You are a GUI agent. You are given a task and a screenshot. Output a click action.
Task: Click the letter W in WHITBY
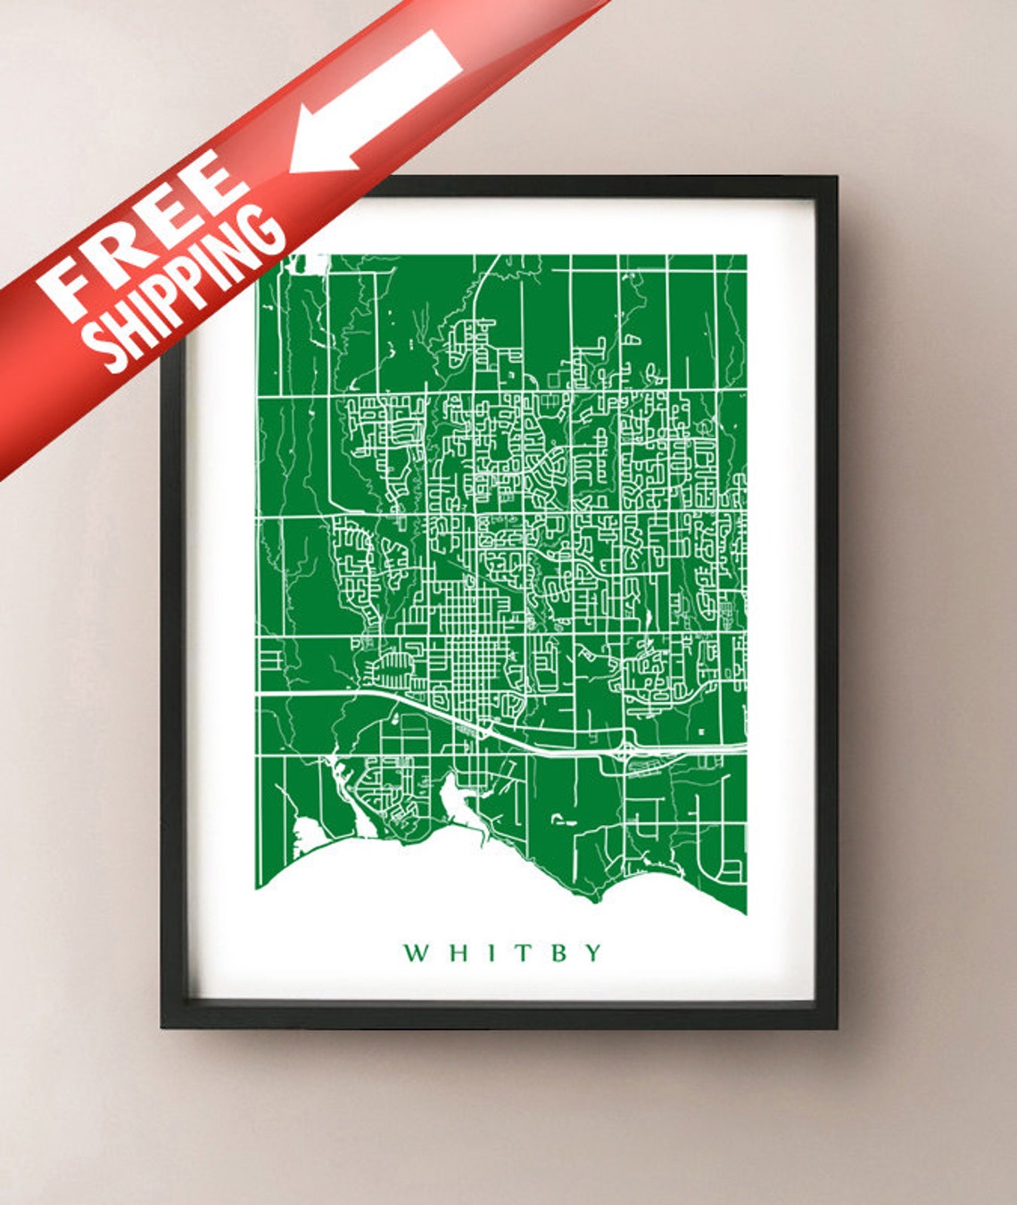pyautogui.click(x=417, y=953)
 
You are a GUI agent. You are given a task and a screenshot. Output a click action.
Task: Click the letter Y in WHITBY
pyautogui.click(x=592, y=953)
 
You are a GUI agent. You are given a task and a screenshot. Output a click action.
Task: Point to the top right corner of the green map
pyautogui.click(x=746, y=256)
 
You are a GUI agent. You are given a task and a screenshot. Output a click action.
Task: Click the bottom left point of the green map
pyautogui.click(x=258, y=887)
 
